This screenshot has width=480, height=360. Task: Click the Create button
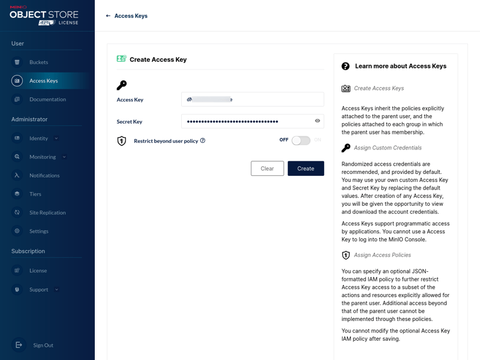tap(305, 169)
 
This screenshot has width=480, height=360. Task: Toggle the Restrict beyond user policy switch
tap(301, 140)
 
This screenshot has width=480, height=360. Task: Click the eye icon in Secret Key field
tap(317, 121)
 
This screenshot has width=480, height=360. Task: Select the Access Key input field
tap(252, 100)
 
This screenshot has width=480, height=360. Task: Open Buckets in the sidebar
tap(38, 62)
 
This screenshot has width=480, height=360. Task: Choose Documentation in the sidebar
tap(47, 99)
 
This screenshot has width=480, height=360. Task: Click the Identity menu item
tap(38, 138)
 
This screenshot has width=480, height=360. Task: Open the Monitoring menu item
tap(42, 157)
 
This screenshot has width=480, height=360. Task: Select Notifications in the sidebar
tap(44, 175)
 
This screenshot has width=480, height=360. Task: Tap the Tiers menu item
tap(35, 194)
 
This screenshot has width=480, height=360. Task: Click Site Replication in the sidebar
tap(47, 212)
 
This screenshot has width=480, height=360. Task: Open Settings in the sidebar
tap(39, 231)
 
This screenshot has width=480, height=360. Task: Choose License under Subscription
tap(38, 271)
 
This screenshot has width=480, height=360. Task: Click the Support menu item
tap(38, 289)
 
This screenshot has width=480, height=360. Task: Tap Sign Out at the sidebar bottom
tap(43, 345)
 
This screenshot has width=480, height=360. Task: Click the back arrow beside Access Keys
tap(108, 16)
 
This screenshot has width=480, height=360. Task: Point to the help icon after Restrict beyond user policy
tap(203, 140)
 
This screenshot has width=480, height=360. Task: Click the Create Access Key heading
tap(158, 59)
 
